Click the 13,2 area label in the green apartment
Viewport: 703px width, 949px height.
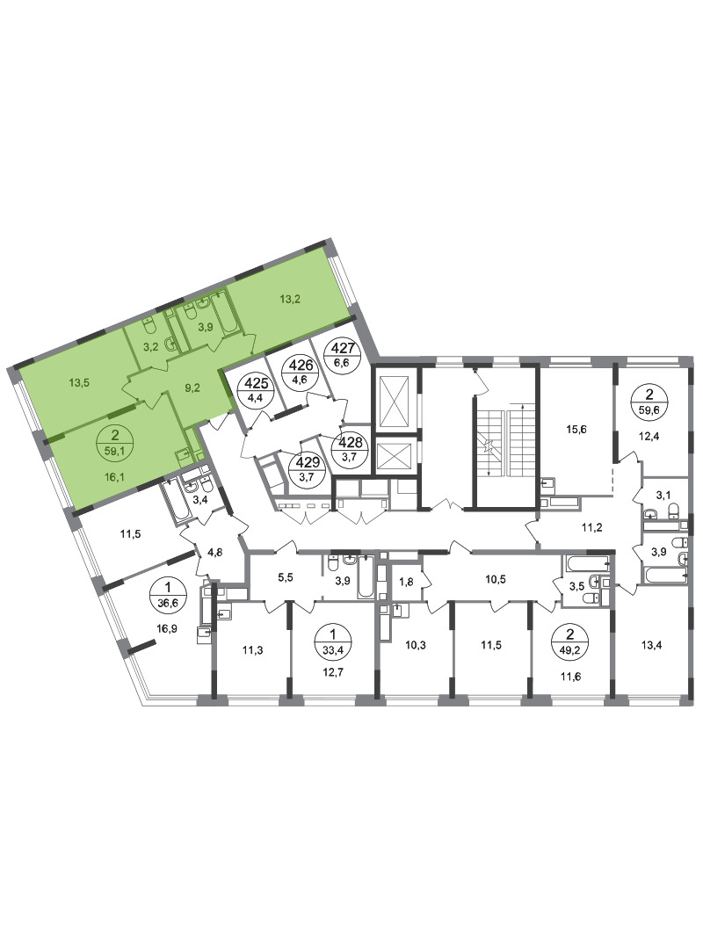(290, 298)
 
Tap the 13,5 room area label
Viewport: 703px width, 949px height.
(79, 382)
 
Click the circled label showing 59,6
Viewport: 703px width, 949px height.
(649, 402)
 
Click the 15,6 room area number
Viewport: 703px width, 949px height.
(576, 430)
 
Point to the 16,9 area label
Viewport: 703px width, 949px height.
(166, 628)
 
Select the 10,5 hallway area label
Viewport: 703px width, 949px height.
(496, 579)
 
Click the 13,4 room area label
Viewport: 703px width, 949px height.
(651, 645)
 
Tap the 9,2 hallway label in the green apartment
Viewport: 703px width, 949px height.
(192, 389)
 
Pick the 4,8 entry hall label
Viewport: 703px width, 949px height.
(215, 551)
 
